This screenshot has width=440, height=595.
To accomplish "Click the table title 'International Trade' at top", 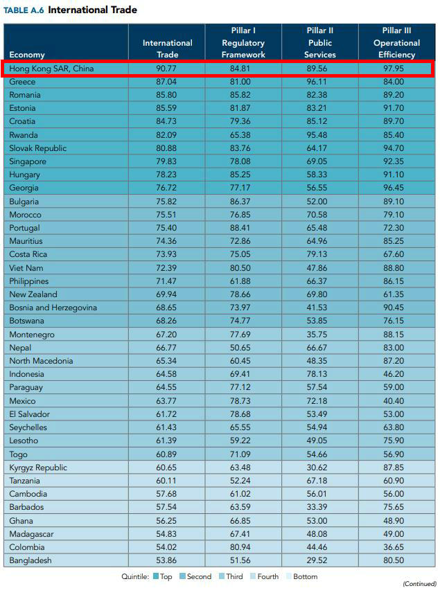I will tap(92, 10).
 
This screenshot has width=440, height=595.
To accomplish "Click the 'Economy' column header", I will tap(27, 55).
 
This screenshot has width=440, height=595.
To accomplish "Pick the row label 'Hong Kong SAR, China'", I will tap(51, 69).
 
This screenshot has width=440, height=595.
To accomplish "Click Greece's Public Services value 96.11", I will tap(319, 82).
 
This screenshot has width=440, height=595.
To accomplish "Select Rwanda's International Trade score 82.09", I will tap(167, 135).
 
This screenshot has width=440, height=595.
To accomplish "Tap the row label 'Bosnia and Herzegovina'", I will tap(53, 308).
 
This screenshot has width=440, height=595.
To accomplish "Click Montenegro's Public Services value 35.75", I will tap(319, 334).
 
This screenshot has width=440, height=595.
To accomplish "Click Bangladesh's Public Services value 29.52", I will tap(319, 560).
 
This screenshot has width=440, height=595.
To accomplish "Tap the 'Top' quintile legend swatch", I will tap(157, 576).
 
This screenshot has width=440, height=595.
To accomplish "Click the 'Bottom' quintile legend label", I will tap(305, 576).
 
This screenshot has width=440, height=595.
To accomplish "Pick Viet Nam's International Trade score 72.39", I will tap(167, 267).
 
